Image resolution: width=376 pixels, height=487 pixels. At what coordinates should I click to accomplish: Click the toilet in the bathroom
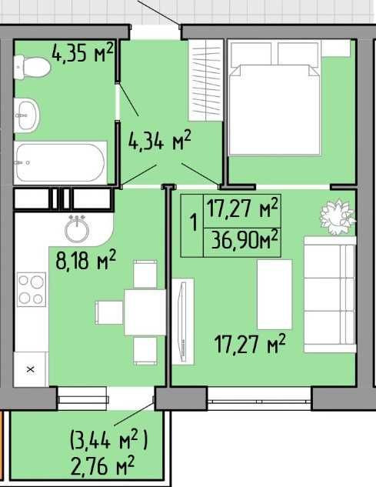pyautogui.click(x=33, y=65)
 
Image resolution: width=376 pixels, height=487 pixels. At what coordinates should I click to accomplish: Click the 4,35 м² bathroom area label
pyautogui.click(x=82, y=52)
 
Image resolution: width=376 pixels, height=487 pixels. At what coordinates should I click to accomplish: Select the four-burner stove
pyautogui.click(x=32, y=290)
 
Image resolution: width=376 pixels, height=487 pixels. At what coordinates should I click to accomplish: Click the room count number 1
pyautogui.click(x=191, y=222)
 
